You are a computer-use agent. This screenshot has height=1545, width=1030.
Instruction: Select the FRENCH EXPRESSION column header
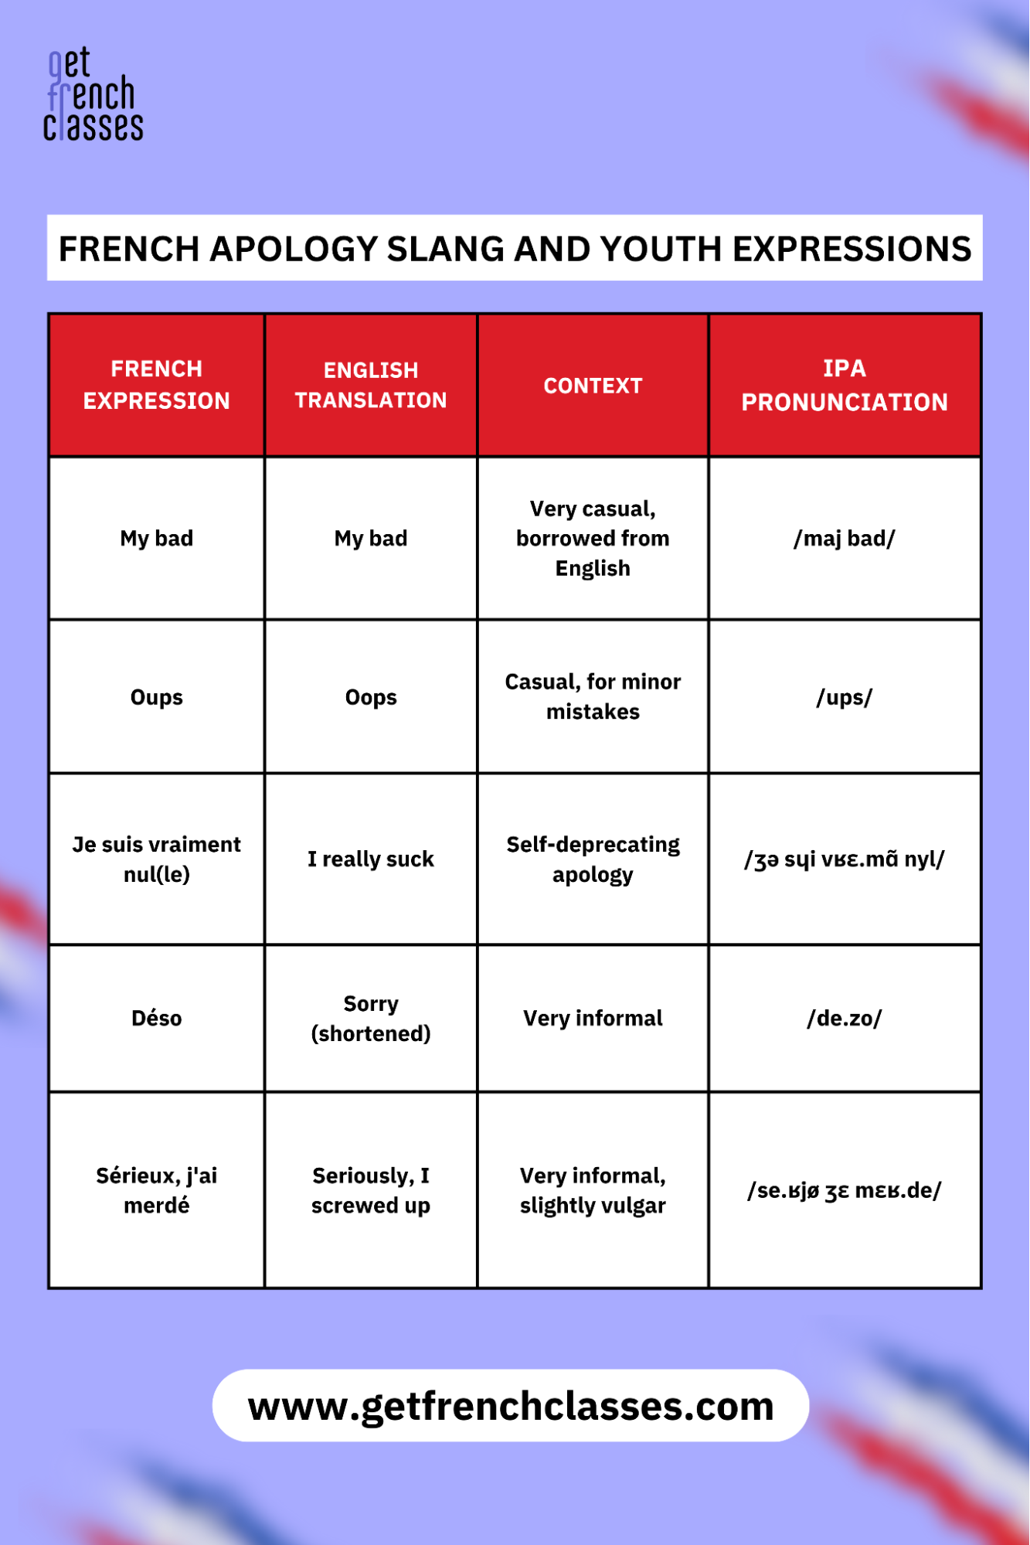(157, 385)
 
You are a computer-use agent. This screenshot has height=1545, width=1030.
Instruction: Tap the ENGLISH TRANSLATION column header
(371, 385)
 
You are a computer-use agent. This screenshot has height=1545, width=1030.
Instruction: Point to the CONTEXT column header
(593, 386)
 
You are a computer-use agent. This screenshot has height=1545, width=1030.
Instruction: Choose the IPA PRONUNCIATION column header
(845, 385)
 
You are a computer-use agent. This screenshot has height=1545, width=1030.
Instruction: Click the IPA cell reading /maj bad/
(845, 539)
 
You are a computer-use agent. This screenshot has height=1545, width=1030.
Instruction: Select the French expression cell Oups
(157, 697)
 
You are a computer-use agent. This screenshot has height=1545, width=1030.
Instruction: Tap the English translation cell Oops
(371, 697)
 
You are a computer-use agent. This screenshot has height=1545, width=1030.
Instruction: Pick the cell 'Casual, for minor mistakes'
(593, 696)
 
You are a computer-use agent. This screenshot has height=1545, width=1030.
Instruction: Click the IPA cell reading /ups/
(845, 697)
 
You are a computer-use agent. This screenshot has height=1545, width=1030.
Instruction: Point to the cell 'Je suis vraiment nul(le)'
(157, 859)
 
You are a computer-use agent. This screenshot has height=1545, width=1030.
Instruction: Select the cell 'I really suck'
(371, 859)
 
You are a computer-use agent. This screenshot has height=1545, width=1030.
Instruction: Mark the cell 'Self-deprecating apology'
(593, 859)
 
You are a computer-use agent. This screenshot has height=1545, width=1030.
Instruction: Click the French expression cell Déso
(157, 1018)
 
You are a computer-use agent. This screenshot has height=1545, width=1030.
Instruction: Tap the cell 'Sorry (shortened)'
(371, 1018)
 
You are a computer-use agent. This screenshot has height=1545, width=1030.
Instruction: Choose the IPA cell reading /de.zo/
(845, 1018)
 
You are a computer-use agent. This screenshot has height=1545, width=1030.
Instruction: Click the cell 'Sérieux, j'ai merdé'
(157, 1190)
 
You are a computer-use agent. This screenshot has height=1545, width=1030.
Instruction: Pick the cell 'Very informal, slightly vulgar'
(593, 1190)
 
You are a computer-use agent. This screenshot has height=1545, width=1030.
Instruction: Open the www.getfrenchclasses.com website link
(511, 1406)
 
